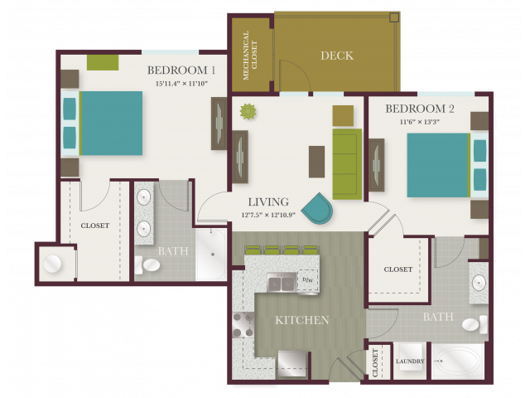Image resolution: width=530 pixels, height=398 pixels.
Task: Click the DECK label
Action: pyautogui.click(x=337, y=56)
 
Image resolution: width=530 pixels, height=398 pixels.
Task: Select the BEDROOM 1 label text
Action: pyautogui.click(x=181, y=70)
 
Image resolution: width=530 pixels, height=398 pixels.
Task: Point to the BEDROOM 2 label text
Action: pyautogui.click(x=421, y=109)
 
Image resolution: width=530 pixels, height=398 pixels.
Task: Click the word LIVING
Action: pyautogui.click(x=268, y=201)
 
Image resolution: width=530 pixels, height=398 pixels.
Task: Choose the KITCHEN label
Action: pyautogui.click(x=302, y=320)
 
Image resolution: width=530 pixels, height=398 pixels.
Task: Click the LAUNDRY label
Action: pyautogui.click(x=410, y=362)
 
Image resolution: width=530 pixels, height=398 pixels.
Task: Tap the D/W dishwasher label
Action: pyautogui.click(x=307, y=280)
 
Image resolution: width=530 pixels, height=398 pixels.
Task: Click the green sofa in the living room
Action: pyautogui.click(x=346, y=163)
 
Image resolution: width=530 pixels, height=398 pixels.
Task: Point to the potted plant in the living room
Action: pyautogui.click(x=248, y=111)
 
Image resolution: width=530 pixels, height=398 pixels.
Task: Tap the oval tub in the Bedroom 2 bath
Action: pyautogui.click(x=457, y=362)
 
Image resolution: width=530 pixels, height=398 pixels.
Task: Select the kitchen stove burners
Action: pyautogui.click(x=243, y=324)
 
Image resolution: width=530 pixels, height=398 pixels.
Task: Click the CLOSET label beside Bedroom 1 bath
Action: pyautogui.click(x=95, y=226)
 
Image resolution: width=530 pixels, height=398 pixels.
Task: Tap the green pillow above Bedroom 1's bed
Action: pyautogui.click(x=103, y=62)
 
